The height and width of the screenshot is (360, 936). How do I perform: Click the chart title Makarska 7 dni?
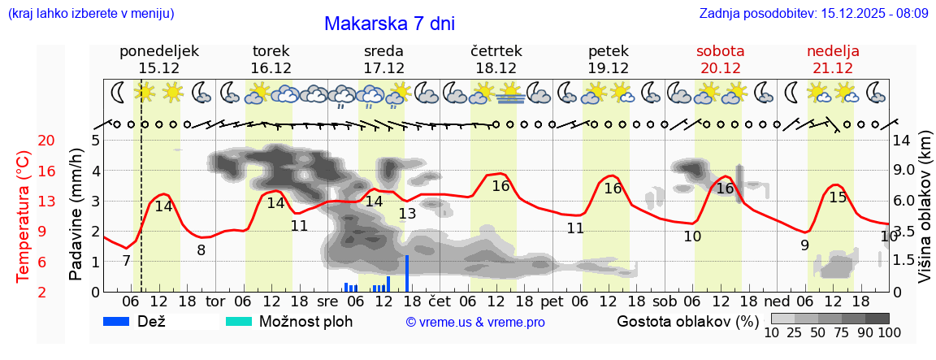coord(389,24)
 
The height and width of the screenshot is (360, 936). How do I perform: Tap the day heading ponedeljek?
coord(159,51)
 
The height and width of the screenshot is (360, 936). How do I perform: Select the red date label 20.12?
coord(721,68)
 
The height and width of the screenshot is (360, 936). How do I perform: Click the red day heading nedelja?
coord(833,51)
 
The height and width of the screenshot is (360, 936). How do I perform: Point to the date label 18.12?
coord(496,68)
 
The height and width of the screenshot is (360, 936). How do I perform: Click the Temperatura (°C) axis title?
coord(24,215)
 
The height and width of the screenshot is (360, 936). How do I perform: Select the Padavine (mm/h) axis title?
coord(76,215)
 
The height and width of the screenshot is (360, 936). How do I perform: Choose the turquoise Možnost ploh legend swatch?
coord(239,321)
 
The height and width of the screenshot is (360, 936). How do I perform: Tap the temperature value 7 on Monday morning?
coord(126,261)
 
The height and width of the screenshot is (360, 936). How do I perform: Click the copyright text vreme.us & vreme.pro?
coord(475,323)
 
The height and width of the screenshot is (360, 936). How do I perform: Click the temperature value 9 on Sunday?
coord(804,245)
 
